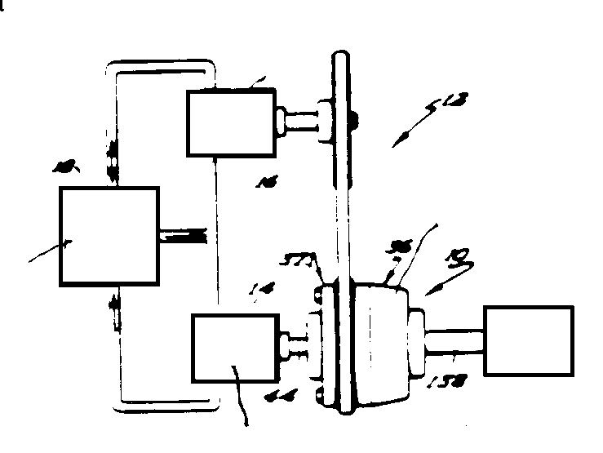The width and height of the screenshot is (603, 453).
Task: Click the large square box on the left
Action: pos(109,235)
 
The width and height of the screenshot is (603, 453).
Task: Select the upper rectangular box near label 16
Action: pos(230,122)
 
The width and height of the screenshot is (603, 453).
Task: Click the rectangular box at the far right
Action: pos(528,340)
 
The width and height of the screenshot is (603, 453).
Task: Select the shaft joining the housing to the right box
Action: pos(453,342)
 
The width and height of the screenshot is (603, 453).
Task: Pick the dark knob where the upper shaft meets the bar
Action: pos(351,122)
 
